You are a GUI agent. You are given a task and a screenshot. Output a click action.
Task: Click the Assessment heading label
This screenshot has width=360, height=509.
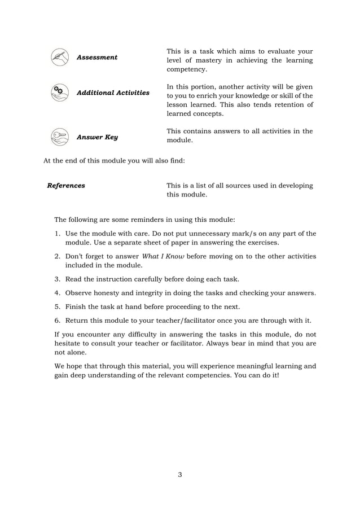pyautogui.click(x=97, y=58)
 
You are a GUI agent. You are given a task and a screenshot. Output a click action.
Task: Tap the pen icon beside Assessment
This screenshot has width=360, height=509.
pyautogui.click(x=59, y=57)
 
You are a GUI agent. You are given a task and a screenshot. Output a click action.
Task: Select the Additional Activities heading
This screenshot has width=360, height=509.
pyautogui.click(x=113, y=93)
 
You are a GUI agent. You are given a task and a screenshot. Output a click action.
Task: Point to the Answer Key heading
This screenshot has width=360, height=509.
pyautogui.click(x=97, y=137)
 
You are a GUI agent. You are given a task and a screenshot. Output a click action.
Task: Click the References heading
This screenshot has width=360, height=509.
pyautogui.click(x=66, y=186)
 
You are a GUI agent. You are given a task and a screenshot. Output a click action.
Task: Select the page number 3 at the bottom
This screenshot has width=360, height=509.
pyautogui.click(x=179, y=474)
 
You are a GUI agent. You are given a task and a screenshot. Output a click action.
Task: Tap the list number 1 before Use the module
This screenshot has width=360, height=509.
pyautogui.click(x=57, y=234)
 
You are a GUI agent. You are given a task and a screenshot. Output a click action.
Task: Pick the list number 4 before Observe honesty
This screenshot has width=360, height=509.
pyautogui.click(x=57, y=293)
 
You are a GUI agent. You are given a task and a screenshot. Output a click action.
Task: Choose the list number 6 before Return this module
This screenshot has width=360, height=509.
pyautogui.click(x=57, y=321)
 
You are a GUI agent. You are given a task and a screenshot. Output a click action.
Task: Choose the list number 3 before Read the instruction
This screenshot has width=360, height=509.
pyautogui.click(x=57, y=279)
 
